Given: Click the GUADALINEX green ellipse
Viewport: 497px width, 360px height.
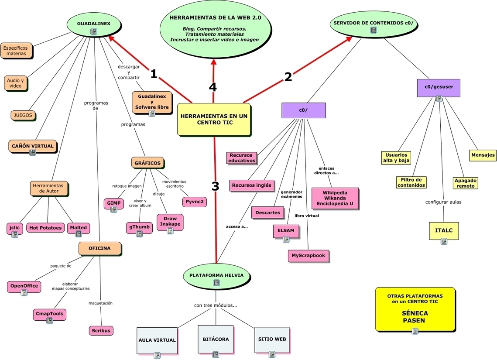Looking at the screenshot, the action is pyautogui.click(x=94, y=25).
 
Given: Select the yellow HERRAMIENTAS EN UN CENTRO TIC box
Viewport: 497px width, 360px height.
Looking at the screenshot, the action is pyautogui.click(x=214, y=120).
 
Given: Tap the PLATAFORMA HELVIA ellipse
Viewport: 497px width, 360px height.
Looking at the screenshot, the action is pyautogui.click(x=216, y=276).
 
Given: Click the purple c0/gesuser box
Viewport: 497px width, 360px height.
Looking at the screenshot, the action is pyautogui.click(x=439, y=88).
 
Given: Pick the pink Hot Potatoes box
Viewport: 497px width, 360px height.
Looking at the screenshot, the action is pyautogui.click(x=45, y=228).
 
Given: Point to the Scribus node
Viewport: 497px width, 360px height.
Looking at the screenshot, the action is pyautogui.click(x=101, y=330).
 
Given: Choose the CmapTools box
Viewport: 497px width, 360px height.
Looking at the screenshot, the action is pyautogui.click(x=49, y=314).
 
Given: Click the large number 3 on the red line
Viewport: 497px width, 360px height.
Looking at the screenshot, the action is pyautogui.click(x=215, y=186).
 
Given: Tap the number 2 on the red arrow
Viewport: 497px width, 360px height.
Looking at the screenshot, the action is pyautogui.click(x=288, y=77).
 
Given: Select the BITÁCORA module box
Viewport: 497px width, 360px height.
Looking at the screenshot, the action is pyautogui.click(x=216, y=339).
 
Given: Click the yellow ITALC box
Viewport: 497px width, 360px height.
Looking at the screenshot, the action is pyautogui.click(x=444, y=231).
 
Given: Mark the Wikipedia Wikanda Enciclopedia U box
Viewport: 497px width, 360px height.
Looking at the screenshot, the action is pyautogui.click(x=335, y=199).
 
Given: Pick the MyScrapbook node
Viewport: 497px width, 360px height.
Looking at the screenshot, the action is pyautogui.click(x=308, y=256).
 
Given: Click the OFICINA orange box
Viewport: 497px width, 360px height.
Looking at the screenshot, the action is pyautogui.click(x=99, y=248).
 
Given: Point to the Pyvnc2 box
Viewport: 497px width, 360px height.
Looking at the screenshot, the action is pyautogui.click(x=195, y=202).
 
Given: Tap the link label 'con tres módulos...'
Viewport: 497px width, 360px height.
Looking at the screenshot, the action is pyautogui.click(x=216, y=305).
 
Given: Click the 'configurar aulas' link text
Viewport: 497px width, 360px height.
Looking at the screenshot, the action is pyautogui.click(x=443, y=202).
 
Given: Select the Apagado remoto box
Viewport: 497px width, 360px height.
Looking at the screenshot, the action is pyautogui.click(x=465, y=183).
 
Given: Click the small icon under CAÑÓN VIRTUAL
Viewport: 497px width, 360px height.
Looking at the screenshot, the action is pyautogui.click(x=33, y=152).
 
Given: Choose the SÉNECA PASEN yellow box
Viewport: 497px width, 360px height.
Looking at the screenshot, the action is pyautogui.click(x=415, y=309).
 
